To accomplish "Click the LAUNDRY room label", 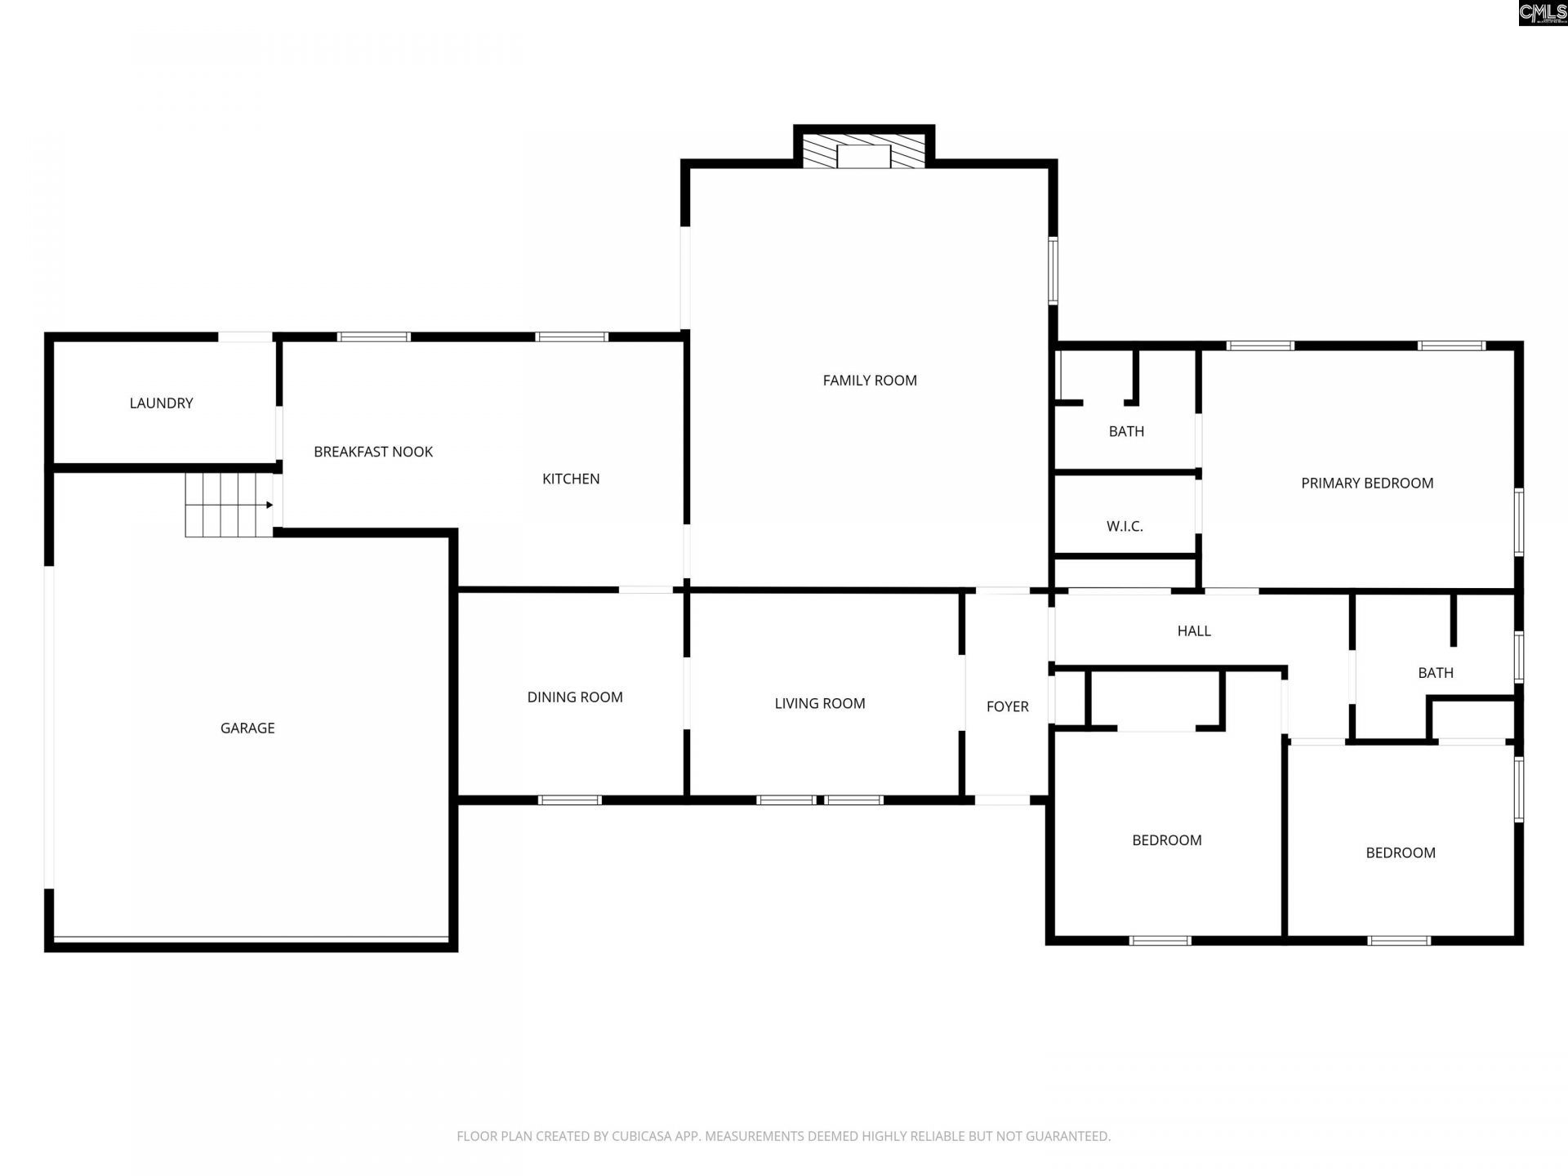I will pos(161,403).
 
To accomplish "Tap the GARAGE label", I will pos(247,728).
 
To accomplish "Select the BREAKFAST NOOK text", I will pos(373,452).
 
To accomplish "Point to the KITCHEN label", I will pos(571,479).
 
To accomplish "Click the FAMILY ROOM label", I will pos(870,380).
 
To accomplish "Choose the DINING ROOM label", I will pos(575,697).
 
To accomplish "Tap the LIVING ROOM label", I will pos(820,703).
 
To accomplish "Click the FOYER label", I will pos(1007,706).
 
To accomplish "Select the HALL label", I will pos(1194,630).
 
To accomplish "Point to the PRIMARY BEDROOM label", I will pos(1367,483).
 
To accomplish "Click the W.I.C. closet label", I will pos(1125,526).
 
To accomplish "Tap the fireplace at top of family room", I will pos(863,153).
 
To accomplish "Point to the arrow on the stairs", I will pos(268,505).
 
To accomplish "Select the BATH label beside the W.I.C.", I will pos(1126,431).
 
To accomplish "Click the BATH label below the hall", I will pos(1436,673).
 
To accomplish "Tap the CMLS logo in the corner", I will pos(1543,12).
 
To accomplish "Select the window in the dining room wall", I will pos(570,800).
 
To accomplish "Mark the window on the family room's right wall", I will pos(1053,270).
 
